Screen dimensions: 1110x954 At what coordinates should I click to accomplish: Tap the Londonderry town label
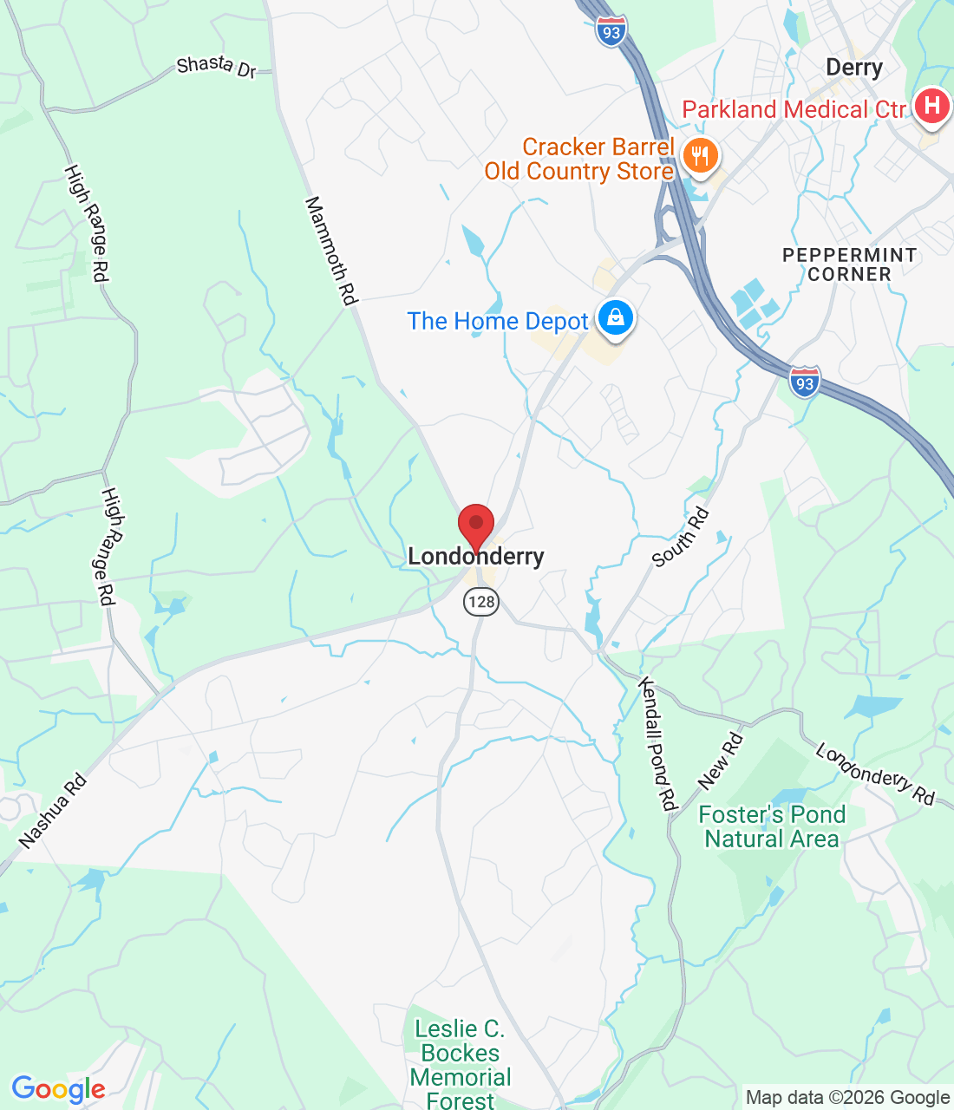pos(476,557)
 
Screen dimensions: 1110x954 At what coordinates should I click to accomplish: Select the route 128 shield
pos(481,601)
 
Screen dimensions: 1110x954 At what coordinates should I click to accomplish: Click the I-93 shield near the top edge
pos(611,32)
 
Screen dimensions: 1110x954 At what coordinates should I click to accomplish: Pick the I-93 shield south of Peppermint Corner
pos(805,382)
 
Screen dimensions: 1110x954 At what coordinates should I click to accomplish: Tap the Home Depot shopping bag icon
pos(616,317)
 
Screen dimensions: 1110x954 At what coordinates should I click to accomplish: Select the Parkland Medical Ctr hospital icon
pos(932,107)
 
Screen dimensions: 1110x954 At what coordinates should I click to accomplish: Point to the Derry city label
pos(853,68)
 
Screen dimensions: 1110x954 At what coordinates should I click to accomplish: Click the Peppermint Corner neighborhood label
pos(849,264)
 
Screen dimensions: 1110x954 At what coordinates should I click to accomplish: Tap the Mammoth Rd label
pos(331,251)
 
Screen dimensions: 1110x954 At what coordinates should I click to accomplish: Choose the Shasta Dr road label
pos(216,66)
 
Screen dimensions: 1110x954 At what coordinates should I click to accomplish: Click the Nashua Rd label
pos(53,811)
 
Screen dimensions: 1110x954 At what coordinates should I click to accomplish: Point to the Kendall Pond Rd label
pos(657,744)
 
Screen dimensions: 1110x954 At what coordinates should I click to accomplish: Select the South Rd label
pos(681,538)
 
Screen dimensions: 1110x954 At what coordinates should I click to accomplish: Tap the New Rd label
pos(720,761)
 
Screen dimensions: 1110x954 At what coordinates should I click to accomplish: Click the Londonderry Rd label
pos(875,774)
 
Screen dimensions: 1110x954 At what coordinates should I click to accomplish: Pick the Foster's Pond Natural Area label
pos(772,826)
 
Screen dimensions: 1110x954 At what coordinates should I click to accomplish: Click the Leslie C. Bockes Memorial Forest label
pos(461,1065)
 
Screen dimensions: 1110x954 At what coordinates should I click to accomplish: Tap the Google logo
pos(58,1089)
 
